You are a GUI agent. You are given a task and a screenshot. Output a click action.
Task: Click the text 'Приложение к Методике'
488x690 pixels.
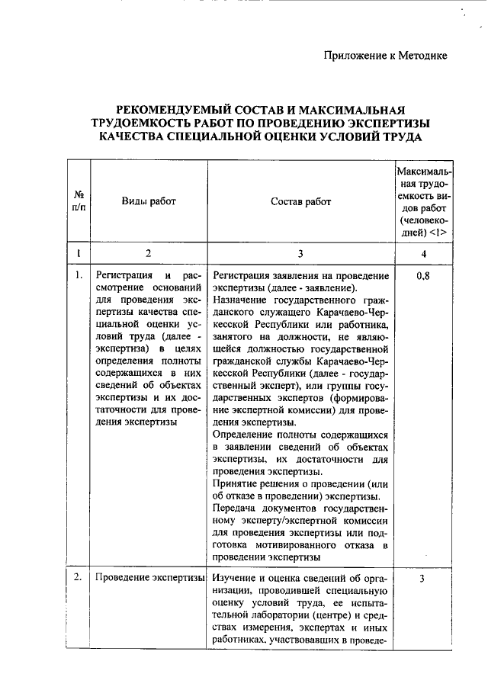[385, 55]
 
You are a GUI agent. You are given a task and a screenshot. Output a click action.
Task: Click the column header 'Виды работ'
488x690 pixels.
[149, 201]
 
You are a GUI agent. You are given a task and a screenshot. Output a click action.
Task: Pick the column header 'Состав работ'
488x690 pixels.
[301, 201]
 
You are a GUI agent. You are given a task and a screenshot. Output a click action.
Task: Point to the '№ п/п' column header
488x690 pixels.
[79, 201]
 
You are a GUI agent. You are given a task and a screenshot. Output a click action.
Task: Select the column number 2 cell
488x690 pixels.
[149, 253]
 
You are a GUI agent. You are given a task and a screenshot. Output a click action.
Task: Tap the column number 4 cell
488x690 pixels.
[423, 253]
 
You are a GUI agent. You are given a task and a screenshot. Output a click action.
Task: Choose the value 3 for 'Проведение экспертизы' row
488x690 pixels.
[423, 579]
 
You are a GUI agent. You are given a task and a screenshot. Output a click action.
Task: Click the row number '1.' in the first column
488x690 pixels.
[79, 276]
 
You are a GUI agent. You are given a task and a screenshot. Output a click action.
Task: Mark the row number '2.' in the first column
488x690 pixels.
[79, 577]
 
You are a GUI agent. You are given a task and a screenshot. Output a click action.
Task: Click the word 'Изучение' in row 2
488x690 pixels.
[237, 578]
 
